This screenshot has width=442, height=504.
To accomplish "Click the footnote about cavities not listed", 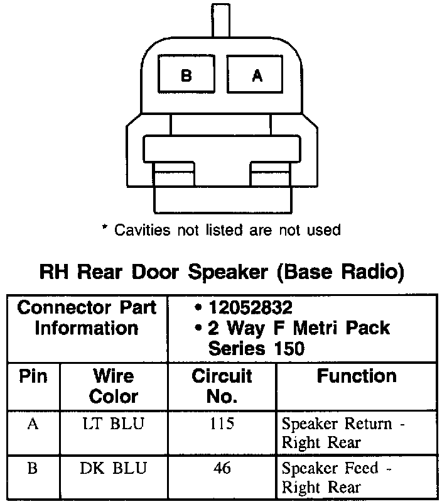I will (x=221, y=230).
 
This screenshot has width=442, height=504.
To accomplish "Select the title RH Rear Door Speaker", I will (x=221, y=273).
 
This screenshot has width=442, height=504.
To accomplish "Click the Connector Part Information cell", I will (x=87, y=318).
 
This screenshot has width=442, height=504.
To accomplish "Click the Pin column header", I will (x=33, y=376).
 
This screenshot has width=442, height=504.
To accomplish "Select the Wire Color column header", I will (x=114, y=386).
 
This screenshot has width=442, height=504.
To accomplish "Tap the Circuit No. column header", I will (x=222, y=386).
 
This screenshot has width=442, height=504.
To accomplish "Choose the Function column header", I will (x=357, y=376).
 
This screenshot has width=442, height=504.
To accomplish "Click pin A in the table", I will (x=33, y=424).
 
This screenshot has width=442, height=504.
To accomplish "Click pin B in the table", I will (x=33, y=468).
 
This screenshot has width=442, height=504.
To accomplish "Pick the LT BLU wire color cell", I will (x=114, y=424).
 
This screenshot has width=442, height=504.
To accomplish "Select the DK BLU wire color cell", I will (x=114, y=468).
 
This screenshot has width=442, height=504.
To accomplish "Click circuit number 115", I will (x=222, y=424).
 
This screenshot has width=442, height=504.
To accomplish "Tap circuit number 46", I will (x=222, y=468).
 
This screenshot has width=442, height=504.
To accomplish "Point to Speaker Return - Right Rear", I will (x=343, y=433).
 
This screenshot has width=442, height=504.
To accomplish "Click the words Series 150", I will (x=256, y=348).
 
